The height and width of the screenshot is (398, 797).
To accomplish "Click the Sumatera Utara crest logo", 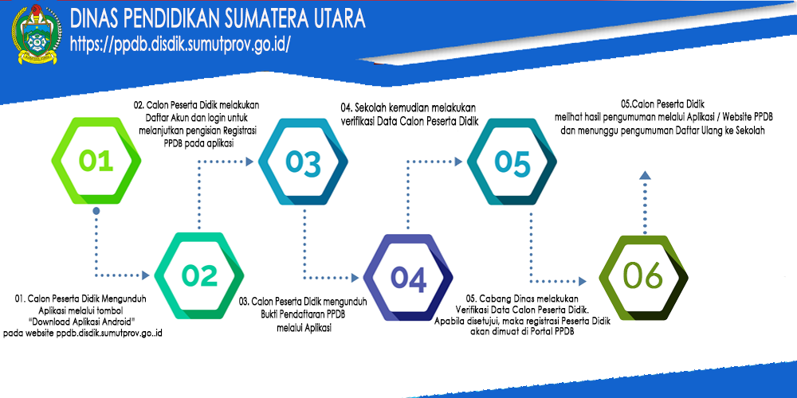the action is pos(37,34).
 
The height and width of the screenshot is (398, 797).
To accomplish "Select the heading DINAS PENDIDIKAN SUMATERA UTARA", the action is pos(218,19).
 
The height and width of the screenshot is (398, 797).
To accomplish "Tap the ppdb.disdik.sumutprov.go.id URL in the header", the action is pos(180,44).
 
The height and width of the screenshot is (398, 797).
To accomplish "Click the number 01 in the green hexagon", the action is pos(96,161).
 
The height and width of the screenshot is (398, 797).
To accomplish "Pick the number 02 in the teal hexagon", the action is pos(199,275).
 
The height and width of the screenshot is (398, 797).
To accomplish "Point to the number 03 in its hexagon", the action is pos(303,163).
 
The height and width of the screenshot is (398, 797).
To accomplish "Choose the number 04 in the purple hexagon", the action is pos(409,279).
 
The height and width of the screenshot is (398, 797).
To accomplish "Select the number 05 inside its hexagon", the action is pos(512,162).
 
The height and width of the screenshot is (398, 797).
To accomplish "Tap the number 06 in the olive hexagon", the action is pos(643,277).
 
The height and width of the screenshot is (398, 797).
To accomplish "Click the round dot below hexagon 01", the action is pos(96,209).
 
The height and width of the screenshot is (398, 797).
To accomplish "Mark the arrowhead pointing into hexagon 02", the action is pos(145,275).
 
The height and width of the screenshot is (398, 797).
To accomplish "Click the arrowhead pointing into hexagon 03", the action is pos(249,162).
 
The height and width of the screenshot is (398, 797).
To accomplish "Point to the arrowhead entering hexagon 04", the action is pos(355,278).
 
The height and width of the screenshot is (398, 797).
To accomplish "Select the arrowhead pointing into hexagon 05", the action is pos(458,162).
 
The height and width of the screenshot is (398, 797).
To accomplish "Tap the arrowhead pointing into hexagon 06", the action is pos(583,279).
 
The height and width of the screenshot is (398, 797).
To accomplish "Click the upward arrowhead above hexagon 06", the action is pos(645,175).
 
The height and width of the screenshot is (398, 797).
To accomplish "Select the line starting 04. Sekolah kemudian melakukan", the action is pos(408,108).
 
